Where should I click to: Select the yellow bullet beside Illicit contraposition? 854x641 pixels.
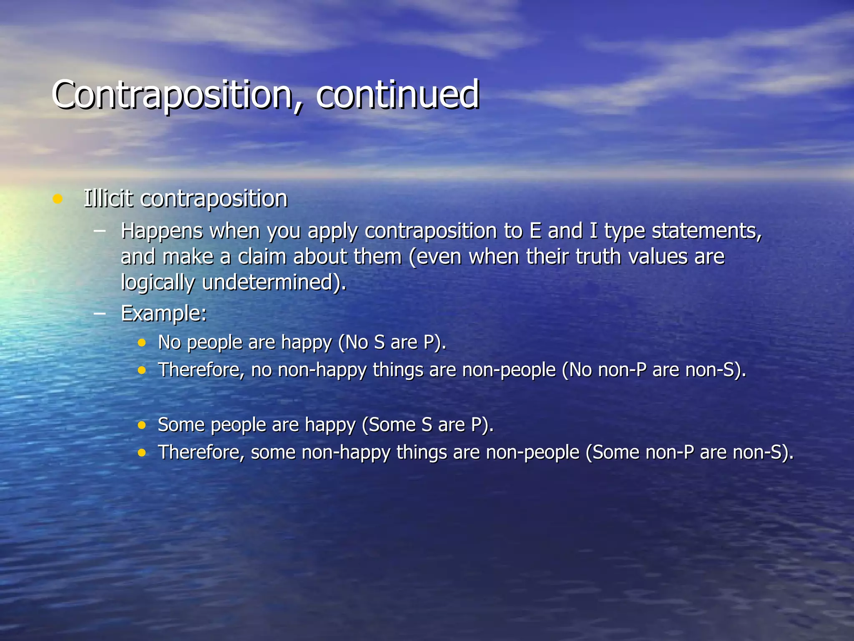click(x=58, y=199)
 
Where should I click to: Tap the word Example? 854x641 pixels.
click(x=163, y=313)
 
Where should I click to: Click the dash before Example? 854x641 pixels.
click(x=100, y=313)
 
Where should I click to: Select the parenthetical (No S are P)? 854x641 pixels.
click(x=392, y=343)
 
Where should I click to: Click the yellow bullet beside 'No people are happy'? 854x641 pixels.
click(x=142, y=343)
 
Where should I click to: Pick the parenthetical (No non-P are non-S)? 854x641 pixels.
click(x=654, y=370)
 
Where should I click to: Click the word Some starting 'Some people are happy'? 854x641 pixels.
click(x=180, y=425)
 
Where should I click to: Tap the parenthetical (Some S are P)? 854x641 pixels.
click(x=427, y=425)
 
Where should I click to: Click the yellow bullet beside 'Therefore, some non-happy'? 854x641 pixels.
click(x=142, y=453)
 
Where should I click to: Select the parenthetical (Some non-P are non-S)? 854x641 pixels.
click(x=690, y=453)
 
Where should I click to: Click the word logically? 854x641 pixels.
click(x=157, y=283)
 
